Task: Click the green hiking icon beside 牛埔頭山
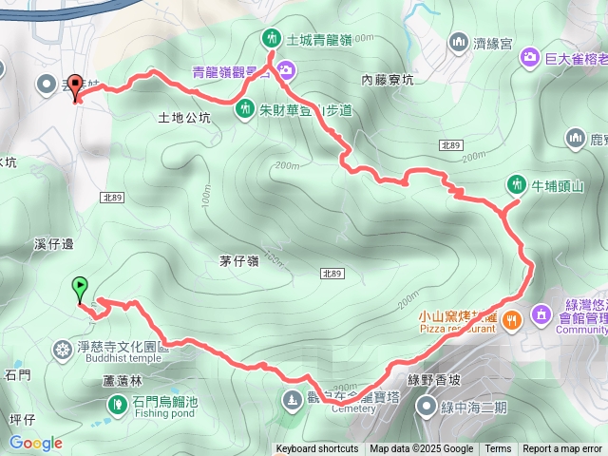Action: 516,182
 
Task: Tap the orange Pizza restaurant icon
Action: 513,320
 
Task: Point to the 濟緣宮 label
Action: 494,43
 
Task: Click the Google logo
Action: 35,443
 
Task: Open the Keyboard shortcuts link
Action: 317,449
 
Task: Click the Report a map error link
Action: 562,449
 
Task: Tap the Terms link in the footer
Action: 498,449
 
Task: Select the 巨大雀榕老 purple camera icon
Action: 529,59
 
